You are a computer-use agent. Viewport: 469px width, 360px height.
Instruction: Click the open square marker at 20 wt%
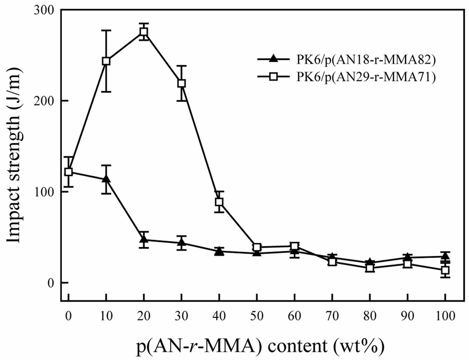click(144, 32)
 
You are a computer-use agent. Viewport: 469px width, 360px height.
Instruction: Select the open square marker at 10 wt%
click(106, 61)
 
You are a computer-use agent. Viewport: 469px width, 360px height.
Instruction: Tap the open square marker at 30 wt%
click(181, 83)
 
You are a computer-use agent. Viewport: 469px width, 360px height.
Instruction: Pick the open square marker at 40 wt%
click(219, 202)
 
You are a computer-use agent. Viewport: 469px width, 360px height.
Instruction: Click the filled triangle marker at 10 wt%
click(106, 179)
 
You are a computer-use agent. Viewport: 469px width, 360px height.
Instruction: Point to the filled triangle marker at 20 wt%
click(144, 239)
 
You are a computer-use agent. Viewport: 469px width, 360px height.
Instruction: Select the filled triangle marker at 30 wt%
click(181, 242)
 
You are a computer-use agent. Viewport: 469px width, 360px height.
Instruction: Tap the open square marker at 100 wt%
click(445, 270)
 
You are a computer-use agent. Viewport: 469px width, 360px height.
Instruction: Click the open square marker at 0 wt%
click(68, 172)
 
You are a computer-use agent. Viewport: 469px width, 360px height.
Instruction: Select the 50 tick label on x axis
click(257, 316)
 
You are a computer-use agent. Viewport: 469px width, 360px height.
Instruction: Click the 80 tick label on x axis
click(370, 316)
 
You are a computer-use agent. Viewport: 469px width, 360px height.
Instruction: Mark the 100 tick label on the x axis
click(445, 316)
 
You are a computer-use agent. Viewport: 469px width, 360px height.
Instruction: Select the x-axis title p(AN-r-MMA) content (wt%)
click(260, 346)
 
